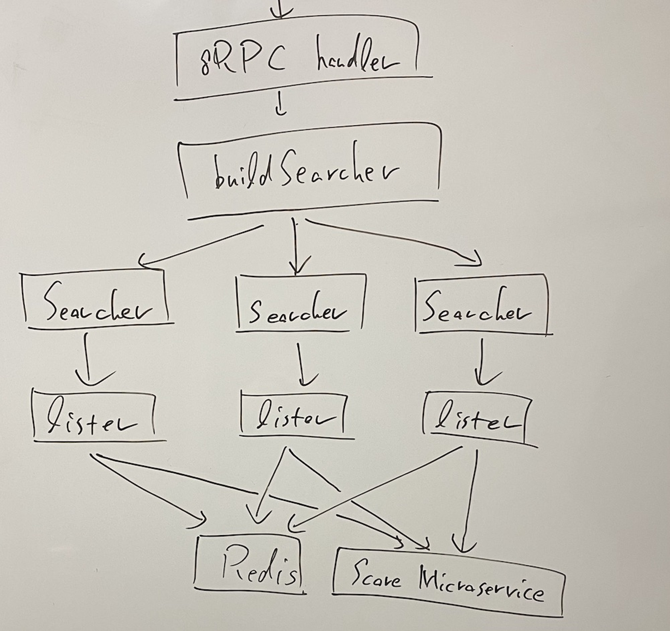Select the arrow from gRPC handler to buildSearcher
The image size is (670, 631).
coord(280,104)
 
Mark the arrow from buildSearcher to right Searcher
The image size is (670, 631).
coord(395,240)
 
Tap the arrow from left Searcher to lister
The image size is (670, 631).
coord(88,358)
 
